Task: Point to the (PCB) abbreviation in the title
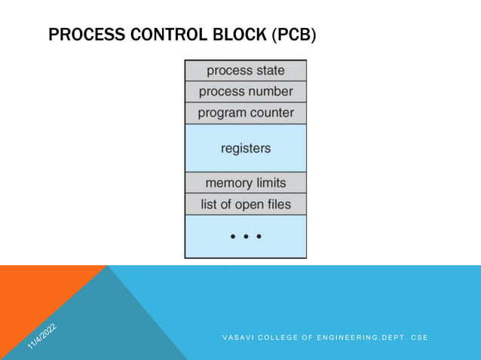click(294, 35)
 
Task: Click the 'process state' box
click(246, 71)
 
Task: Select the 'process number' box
click(246, 92)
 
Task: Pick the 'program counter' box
click(246, 113)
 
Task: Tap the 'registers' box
click(246, 148)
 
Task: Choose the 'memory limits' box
click(246, 183)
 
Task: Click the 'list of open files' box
click(246, 204)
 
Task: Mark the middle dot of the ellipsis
click(246, 236)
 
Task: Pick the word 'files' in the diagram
click(276, 204)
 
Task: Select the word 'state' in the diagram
click(269, 71)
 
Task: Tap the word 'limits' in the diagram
click(269, 183)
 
